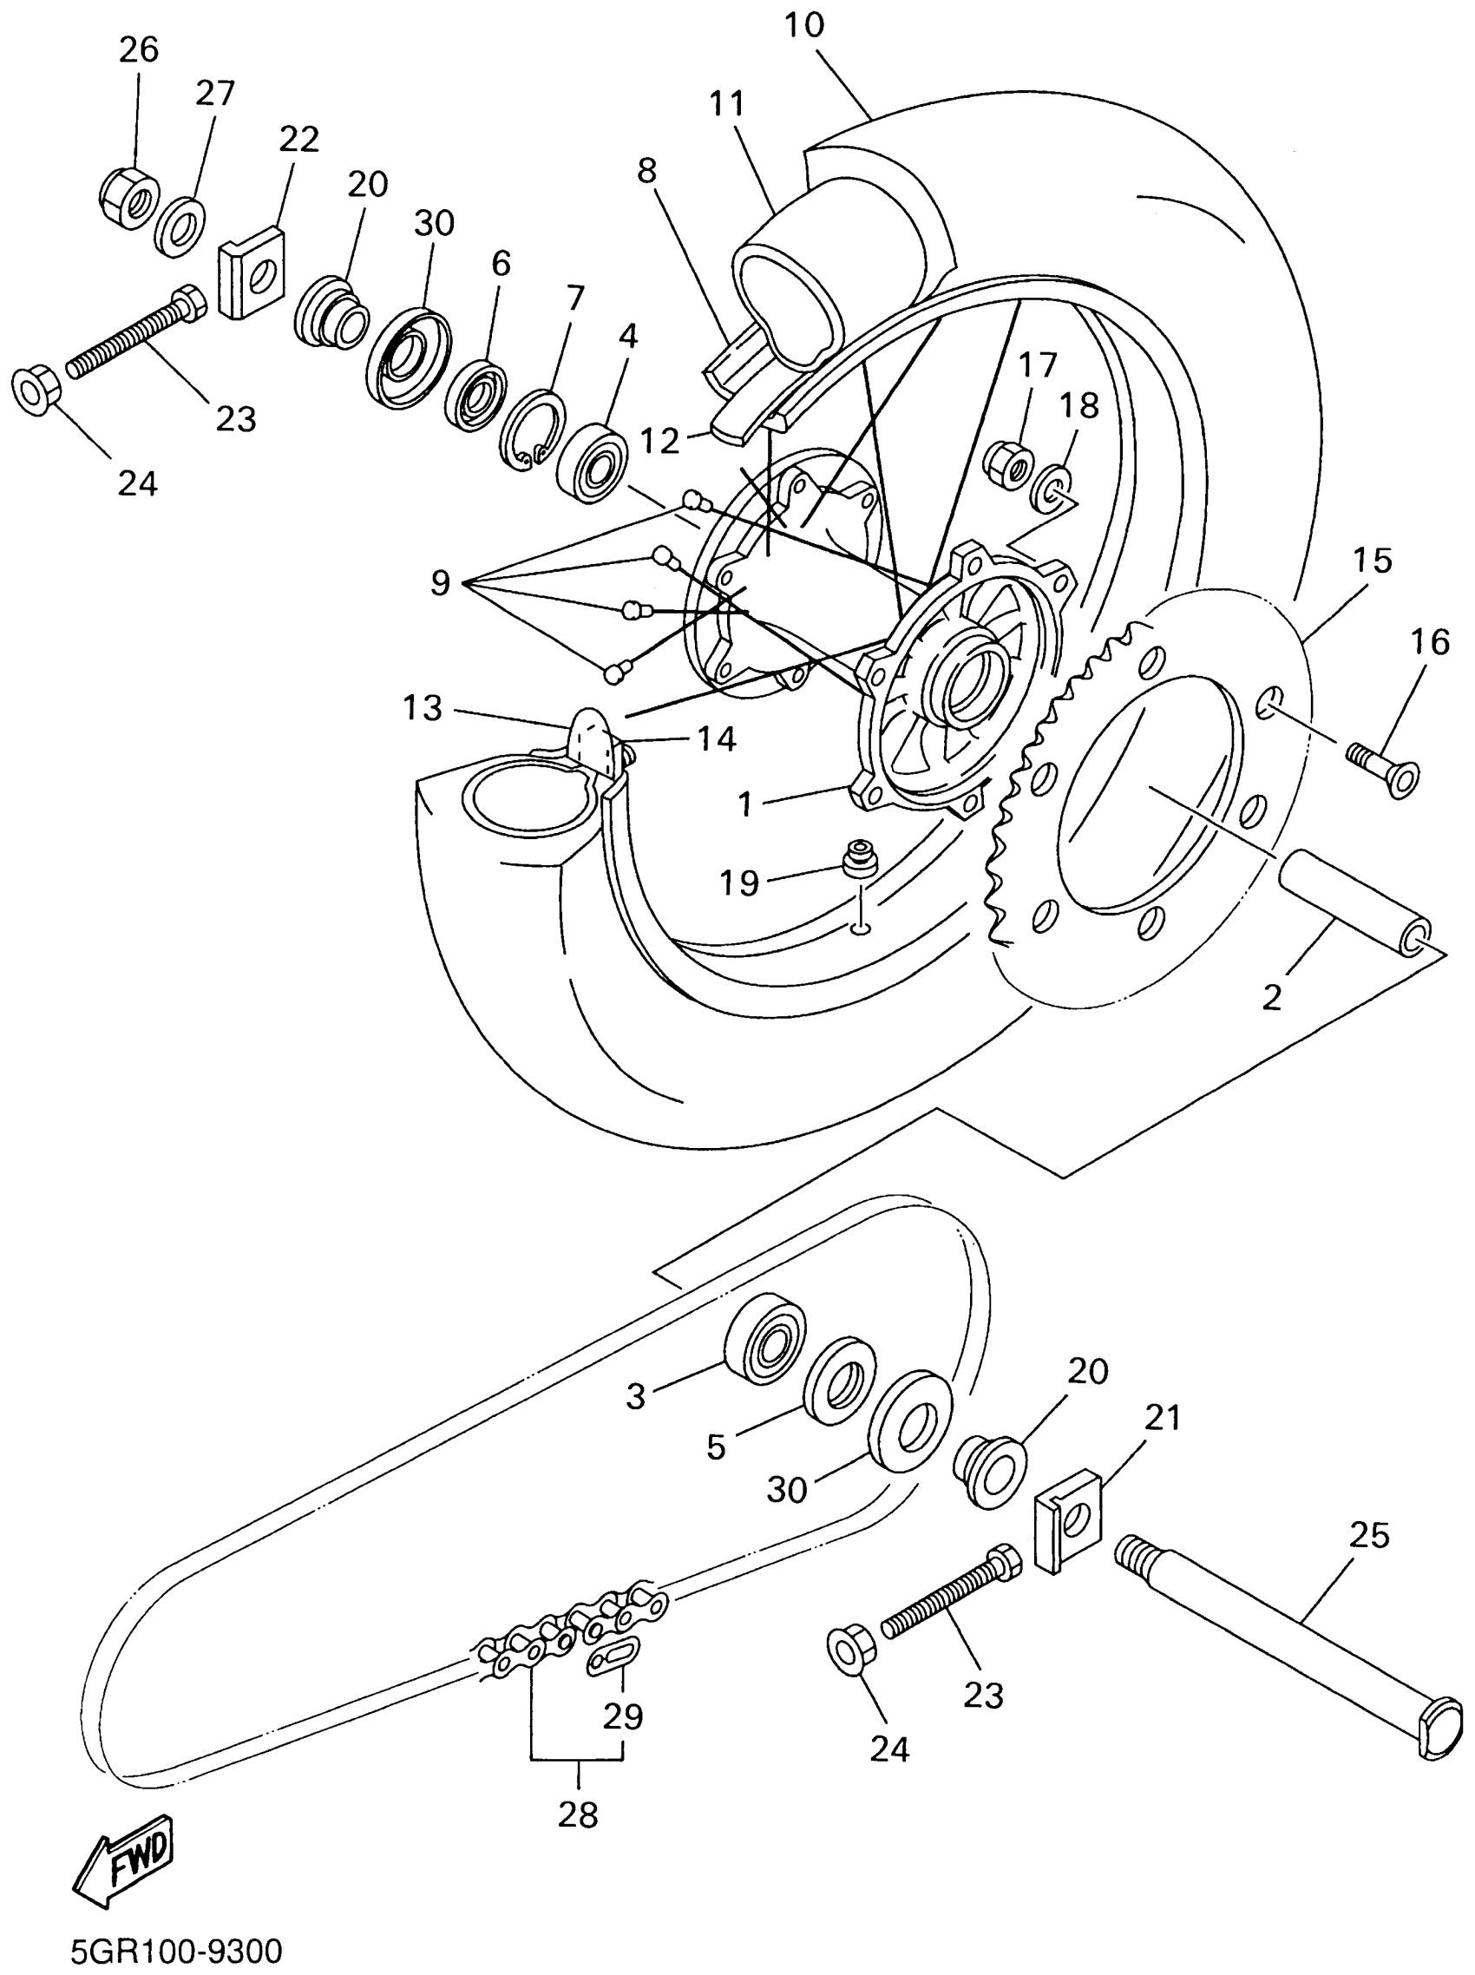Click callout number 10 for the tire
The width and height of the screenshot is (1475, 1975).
804,25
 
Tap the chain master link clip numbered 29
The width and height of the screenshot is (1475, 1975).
613,1655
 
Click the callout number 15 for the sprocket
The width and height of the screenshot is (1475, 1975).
1372,561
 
